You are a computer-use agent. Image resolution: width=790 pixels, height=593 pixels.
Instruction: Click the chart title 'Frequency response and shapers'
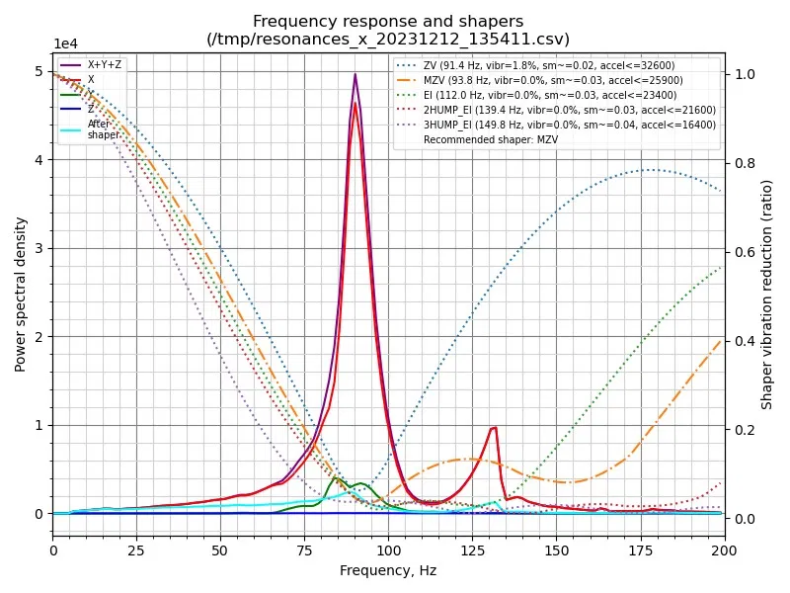coord(388,21)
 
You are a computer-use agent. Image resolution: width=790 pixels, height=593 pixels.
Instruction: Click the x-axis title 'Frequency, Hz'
coord(388,570)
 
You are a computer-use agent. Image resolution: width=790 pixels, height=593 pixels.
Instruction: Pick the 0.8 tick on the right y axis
coord(742,163)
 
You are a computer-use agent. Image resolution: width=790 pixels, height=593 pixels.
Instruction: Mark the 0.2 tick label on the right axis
coord(742,430)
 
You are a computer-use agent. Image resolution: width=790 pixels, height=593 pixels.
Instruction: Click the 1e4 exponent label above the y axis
coord(66,43)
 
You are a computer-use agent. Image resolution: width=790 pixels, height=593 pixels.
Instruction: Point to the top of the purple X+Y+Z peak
coord(355,74)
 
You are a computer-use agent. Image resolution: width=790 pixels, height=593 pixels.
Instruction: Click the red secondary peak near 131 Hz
coord(494,427)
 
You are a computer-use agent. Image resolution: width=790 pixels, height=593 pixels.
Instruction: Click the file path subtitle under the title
coord(388,39)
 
